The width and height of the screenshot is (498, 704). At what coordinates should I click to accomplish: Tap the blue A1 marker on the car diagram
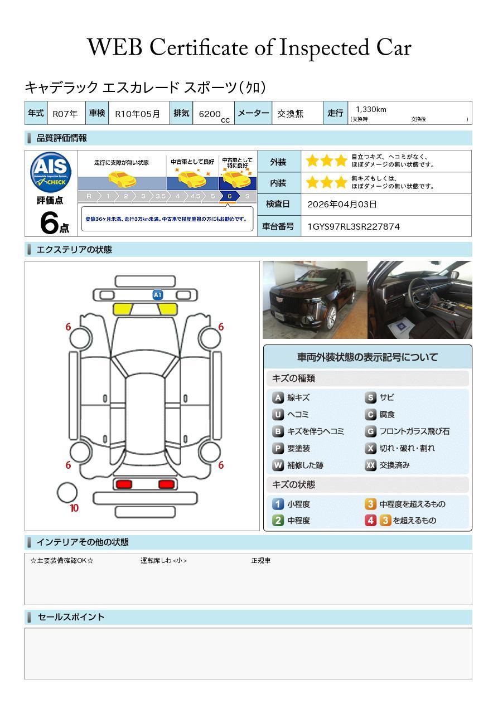158,295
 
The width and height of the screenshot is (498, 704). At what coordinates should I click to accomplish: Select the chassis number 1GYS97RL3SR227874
353,226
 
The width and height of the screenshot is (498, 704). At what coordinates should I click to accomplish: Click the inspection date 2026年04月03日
342,205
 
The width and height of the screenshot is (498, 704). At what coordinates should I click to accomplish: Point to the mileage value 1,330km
371,110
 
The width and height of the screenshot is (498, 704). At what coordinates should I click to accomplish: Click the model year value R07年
65,114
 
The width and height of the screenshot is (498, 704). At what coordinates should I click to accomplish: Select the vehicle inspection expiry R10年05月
137,114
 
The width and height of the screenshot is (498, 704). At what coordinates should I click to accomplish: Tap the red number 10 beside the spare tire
74,508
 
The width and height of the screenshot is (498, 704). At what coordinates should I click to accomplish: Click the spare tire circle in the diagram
67,492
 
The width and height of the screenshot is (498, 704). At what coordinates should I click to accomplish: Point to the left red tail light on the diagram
124,484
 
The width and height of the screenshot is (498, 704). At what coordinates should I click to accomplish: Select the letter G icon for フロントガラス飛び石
370,431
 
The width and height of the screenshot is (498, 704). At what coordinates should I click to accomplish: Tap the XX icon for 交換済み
370,465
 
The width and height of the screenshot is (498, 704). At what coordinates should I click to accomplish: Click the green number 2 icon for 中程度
278,520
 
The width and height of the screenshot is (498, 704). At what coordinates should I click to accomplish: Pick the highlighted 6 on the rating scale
229,196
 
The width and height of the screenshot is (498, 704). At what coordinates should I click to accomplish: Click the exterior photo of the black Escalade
315,300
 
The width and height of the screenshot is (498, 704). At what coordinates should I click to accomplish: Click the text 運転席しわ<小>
163,561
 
